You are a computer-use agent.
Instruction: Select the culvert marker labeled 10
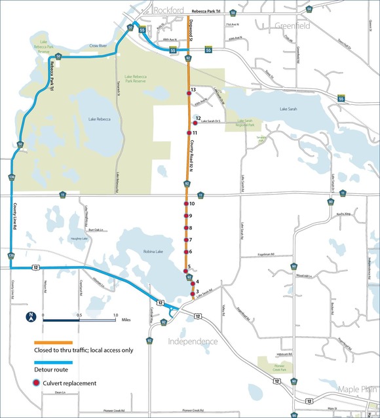pos(186,204)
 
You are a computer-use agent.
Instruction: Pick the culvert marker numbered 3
pos(191,294)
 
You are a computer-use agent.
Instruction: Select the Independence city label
pos(193,342)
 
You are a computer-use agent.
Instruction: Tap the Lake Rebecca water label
pos(100,119)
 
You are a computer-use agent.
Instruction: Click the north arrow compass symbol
pos(31,318)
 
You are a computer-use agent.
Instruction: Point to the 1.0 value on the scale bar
pos(115,315)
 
